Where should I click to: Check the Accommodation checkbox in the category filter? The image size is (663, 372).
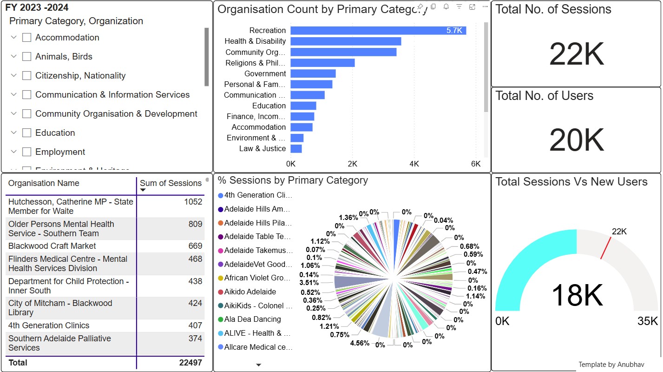click(27, 38)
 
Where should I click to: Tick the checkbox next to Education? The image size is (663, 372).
click(27, 133)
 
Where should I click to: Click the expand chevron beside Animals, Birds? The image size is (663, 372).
click(14, 56)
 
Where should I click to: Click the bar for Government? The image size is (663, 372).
click(313, 73)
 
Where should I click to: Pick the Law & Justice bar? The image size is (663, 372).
click(296, 149)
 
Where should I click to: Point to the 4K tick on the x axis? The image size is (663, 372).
click(414, 164)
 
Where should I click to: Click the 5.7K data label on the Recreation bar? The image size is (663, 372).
click(454, 31)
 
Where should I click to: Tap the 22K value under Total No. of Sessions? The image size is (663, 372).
click(577, 54)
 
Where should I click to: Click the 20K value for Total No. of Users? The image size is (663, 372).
click(577, 140)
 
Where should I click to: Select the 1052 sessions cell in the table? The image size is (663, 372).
click(193, 202)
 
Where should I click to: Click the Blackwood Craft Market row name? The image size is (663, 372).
click(52, 246)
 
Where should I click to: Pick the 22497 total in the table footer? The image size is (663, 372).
click(190, 363)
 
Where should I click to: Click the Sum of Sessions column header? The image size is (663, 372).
click(171, 183)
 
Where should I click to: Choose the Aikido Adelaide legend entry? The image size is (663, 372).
click(250, 292)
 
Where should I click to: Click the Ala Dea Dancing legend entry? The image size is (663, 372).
click(252, 319)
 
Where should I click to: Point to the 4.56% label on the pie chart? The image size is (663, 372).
click(360, 343)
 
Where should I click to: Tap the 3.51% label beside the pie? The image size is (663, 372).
click(309, 283)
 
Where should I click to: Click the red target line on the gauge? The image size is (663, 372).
click(605, 247)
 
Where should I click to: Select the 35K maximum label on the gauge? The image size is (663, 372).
click(647, 321)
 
